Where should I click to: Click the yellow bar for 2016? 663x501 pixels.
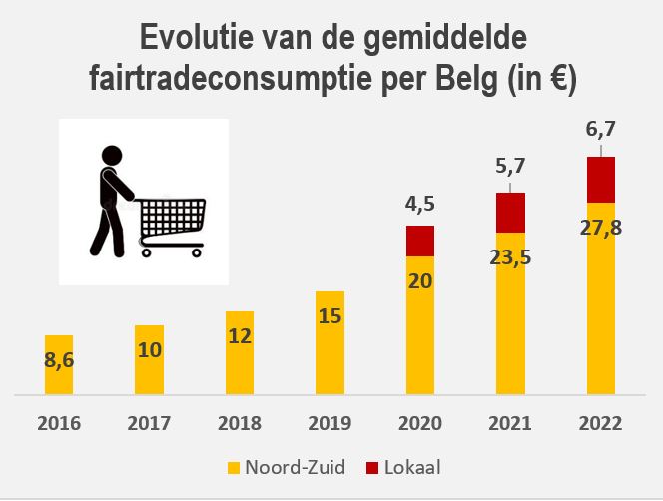tap(59, 365)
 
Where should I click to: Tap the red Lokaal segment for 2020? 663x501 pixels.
tap(420, 241)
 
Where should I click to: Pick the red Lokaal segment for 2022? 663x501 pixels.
tap(600, 180)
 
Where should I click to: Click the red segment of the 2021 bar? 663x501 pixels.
tap(510, 211)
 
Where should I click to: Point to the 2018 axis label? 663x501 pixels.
tap(240, 424)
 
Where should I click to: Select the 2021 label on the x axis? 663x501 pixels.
tap(510, 424)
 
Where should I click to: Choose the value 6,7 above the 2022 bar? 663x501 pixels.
tap(600, 130)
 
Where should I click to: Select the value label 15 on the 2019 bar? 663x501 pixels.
tap(331, 318)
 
